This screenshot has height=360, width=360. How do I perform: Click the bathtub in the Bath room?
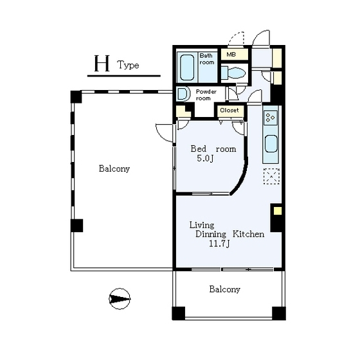pos(187,67)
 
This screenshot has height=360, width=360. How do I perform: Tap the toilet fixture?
pos(233,73)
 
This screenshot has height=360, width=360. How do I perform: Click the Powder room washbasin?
pos(183,94)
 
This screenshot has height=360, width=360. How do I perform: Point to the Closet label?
pos(229,110)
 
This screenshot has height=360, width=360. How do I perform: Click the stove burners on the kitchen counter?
pos(270,118)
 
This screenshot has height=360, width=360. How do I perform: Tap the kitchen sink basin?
pos(271,144)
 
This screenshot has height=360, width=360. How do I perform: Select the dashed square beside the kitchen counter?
pos(271,176)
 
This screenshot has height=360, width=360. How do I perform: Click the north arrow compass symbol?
pos(120,299)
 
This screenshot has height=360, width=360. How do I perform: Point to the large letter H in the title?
pos(102,64)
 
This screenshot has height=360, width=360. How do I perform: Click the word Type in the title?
pos(128,65)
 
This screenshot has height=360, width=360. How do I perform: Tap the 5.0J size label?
pos(205,158)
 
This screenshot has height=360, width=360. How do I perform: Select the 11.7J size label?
pos(219,244)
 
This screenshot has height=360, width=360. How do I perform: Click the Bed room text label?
pos(213,148)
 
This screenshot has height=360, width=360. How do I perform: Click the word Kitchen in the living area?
pos(248,234)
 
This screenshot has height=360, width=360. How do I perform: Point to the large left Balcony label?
pos(114,168)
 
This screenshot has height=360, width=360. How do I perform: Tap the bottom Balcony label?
pos(224,289)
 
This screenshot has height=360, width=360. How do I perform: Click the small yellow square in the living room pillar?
pos(278,211)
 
